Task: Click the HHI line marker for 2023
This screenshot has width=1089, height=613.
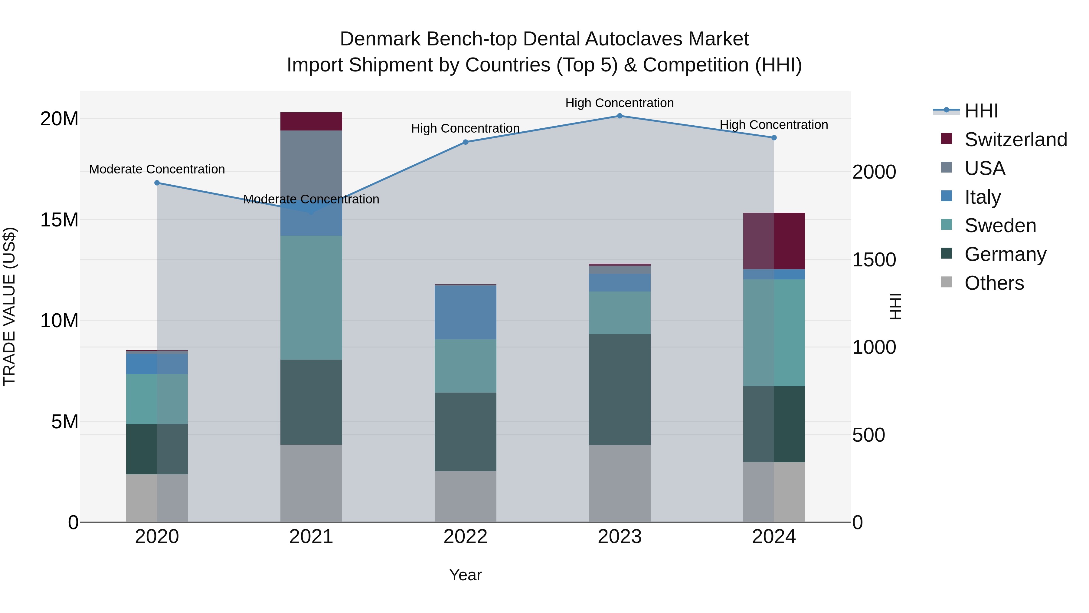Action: (620, 116)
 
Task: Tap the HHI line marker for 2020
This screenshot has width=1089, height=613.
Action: (157, 183)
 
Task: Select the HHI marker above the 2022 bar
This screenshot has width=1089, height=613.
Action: (466, 142)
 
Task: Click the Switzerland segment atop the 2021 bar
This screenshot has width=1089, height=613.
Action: (311, 121)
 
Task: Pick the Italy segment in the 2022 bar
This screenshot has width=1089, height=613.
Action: (466, 312)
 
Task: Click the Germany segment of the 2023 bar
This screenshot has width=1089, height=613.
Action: (620, 389)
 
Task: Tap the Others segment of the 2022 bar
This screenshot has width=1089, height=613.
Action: (466, 496)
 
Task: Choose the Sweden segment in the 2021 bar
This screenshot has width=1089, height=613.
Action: (311, 297)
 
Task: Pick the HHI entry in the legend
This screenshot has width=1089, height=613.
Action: (981, 111)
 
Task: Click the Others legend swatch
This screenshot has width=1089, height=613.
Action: (947, 282)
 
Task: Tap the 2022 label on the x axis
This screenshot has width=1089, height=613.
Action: (466, 537)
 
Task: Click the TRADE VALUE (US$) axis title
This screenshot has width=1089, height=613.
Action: (9, 306)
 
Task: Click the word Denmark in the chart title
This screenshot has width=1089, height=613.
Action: (380, 39)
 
